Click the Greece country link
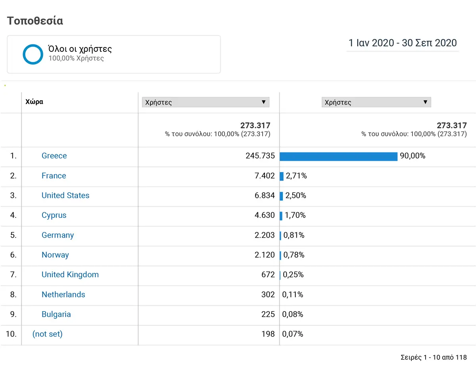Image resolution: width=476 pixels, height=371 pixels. tap(54, 156)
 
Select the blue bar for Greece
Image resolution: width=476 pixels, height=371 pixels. tap(338, 156)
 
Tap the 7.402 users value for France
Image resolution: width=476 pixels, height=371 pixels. tap(265, 175)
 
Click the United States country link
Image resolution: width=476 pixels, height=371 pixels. tap(65, 195)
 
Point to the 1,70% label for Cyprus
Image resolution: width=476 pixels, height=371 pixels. tap(295, 215)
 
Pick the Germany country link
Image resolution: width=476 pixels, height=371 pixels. tap(58, 235)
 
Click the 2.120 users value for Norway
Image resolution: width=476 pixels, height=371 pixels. tap(265, 255)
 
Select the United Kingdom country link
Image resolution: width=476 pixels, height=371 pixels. tap(70, 275)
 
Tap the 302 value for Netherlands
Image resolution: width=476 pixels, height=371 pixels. tap(268, 295)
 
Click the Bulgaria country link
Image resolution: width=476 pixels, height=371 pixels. tap(56, 314)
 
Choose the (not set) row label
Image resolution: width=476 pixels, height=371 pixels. tap(47, 334)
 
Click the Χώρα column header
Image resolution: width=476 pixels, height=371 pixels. tap(34, 102)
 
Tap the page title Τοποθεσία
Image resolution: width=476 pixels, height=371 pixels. tap(35, 21)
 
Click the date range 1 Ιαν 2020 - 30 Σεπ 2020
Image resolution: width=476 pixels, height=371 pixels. tap(403, 43)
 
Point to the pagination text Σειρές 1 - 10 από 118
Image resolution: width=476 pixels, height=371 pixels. tap(434, 357)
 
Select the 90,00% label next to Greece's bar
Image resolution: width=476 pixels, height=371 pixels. tap(413, 156)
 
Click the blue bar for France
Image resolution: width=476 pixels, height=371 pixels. tap(282, 176)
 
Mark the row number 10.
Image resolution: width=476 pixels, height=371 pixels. tap(11, 334)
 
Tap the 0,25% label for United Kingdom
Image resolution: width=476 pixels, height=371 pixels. tap(293, 275)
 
